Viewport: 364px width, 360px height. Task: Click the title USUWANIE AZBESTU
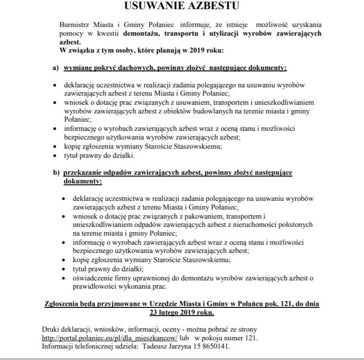pos(182,6)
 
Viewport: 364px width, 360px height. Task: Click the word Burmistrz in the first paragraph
pos(74,25)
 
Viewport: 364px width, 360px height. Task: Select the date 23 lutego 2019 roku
pos(182,313)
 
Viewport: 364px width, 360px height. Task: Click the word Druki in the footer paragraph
pos(51,329)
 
